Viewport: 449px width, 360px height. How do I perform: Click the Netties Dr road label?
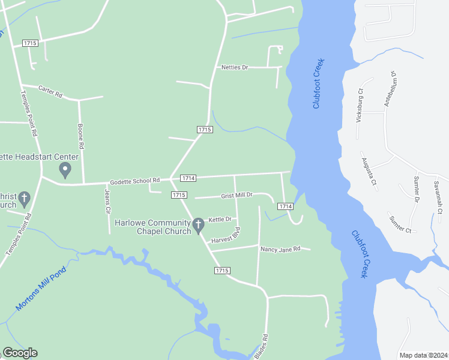pos(235,67)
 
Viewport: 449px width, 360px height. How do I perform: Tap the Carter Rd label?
pos(50,91)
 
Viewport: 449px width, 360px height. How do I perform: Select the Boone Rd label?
pos(81,136)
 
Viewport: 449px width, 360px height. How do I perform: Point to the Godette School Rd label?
pos(134,180)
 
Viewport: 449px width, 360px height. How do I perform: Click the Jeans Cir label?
pos(108,202)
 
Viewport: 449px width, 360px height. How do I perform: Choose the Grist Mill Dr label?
pos(237,196)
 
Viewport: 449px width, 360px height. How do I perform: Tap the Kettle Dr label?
pos(220,220)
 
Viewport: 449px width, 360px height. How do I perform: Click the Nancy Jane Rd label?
pos(280,248)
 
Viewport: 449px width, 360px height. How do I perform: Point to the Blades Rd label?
pos(261,347)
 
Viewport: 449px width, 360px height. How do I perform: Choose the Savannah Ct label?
pos(440,197)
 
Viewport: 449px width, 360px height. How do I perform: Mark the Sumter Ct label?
pos(400,223)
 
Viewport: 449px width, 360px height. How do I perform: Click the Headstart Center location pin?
pos(65,171)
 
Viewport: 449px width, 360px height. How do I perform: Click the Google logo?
pos(20,353)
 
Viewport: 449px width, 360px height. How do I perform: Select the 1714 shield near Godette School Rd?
pos(188,178)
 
